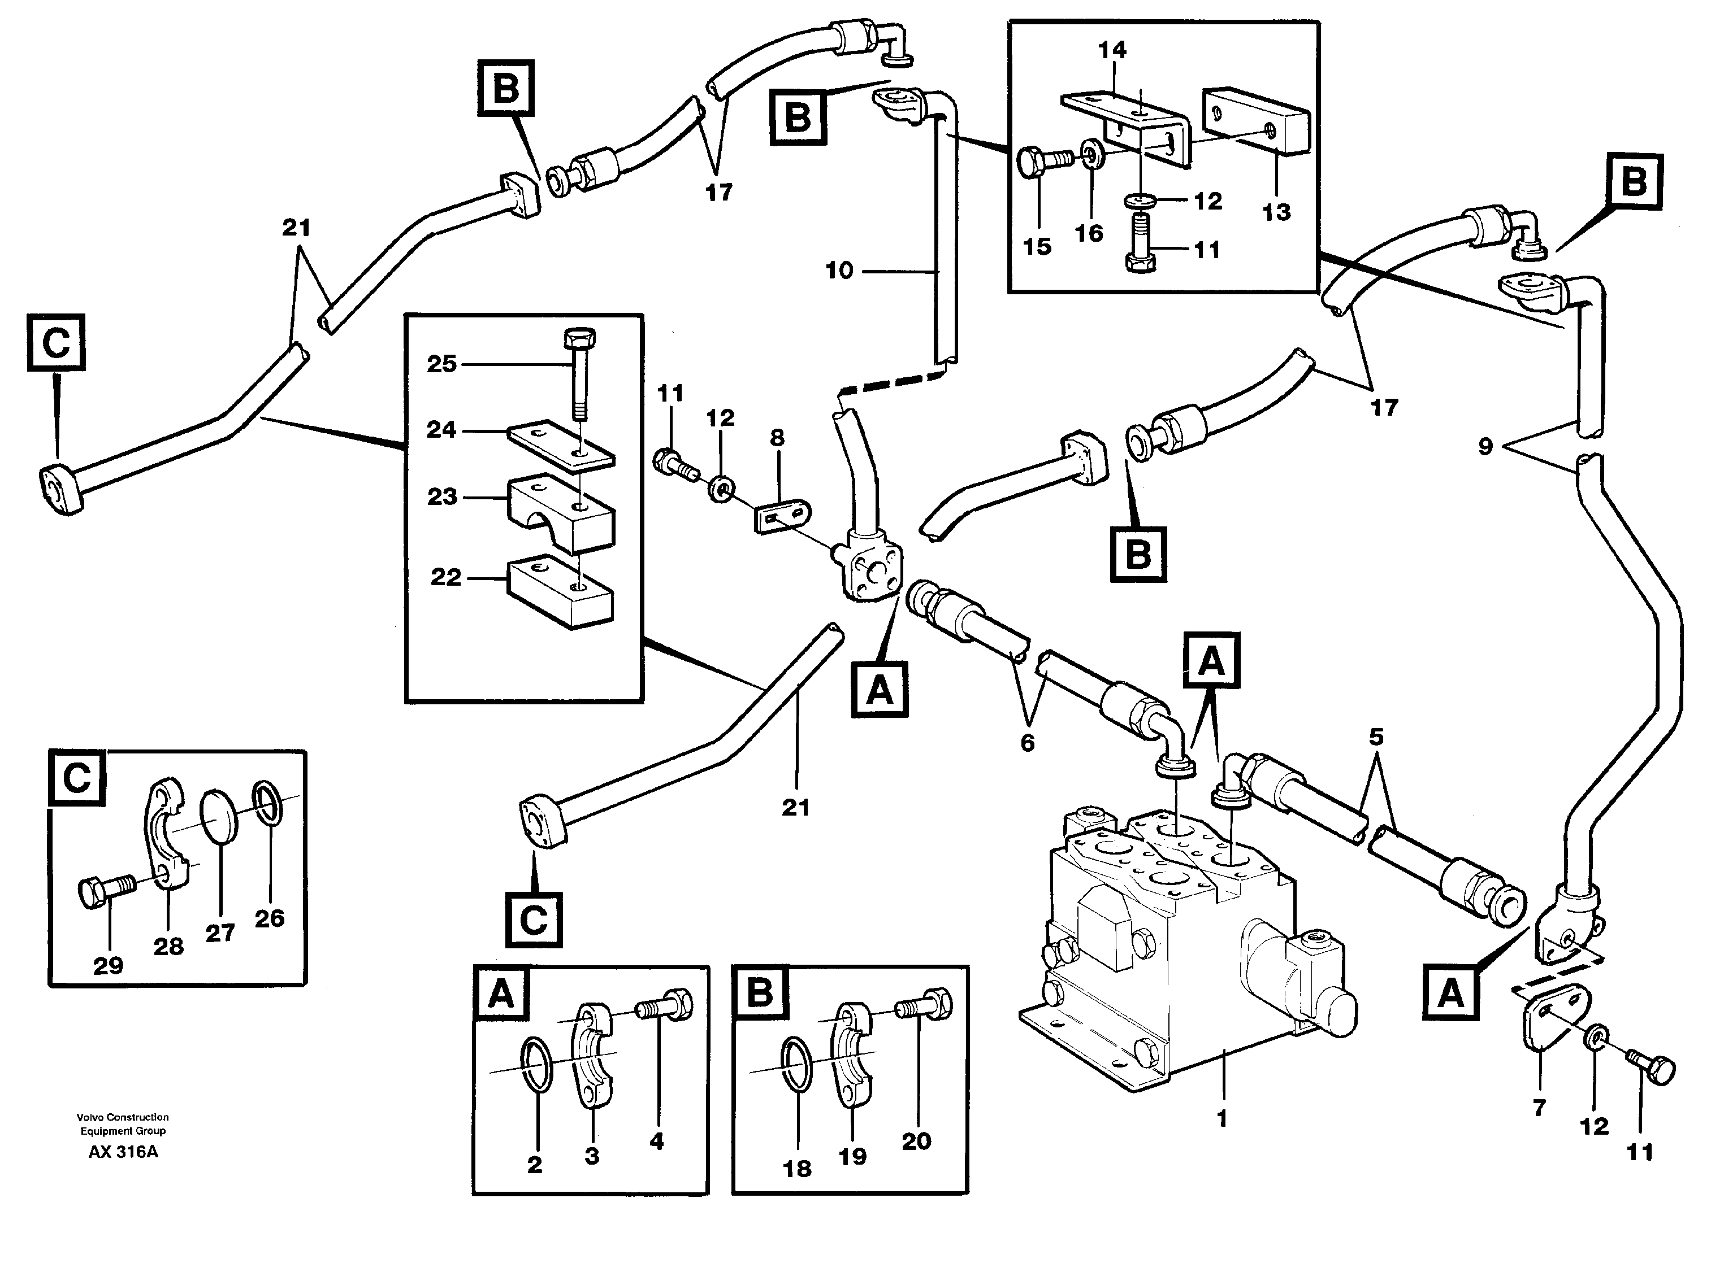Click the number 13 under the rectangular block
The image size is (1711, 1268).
pyautogui.click(x=1276, y=212)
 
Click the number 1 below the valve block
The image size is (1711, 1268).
pyautogui.click(x=1222, y=1118)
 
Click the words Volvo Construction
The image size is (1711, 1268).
pyautogui.click(x=122, y=1117)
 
